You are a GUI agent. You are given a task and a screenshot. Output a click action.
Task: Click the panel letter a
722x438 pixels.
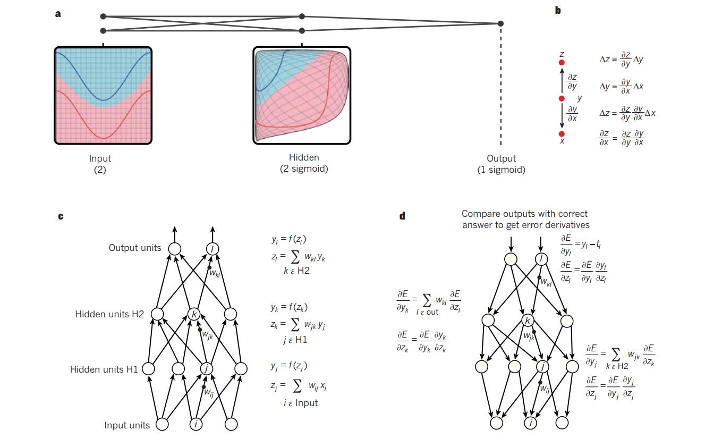coord(58,14)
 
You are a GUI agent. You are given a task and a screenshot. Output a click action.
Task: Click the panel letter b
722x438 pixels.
coord(558,10)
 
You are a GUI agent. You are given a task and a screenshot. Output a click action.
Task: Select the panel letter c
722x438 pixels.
coord(61,216)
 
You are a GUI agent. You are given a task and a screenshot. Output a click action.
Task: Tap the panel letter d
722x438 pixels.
coord(402,216)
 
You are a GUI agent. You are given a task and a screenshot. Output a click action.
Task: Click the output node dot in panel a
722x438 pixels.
coord(500,23)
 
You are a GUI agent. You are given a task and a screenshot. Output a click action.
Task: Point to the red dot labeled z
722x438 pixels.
coord(562,63)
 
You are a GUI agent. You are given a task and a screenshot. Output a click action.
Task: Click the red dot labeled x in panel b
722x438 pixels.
coord(562,133)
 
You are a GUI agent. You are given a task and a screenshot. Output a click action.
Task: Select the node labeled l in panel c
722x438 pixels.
coord(213,248)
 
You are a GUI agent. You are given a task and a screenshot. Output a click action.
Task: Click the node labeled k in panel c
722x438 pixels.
coord(194,314)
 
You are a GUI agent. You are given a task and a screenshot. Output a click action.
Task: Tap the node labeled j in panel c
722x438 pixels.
coord(206,368)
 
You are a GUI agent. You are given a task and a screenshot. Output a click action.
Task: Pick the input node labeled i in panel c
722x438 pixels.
coord(197,424)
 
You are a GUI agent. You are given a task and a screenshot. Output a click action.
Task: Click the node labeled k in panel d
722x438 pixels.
coord(528,320)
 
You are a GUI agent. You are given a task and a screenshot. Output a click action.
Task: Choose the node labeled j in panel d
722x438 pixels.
coord(542,366)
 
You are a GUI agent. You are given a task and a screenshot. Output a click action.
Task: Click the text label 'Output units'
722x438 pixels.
coord(135,248)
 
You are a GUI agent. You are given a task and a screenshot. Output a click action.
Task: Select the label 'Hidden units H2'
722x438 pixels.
coord(109,314)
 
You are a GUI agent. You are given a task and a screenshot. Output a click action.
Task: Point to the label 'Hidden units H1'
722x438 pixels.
coord(104,369)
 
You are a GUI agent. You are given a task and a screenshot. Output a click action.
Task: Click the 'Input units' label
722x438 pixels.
coord(127,425)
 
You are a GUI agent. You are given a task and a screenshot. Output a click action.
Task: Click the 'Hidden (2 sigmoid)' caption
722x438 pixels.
coord(304,163)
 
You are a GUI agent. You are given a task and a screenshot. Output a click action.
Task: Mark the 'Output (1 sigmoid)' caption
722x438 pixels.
coord(501,164)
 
